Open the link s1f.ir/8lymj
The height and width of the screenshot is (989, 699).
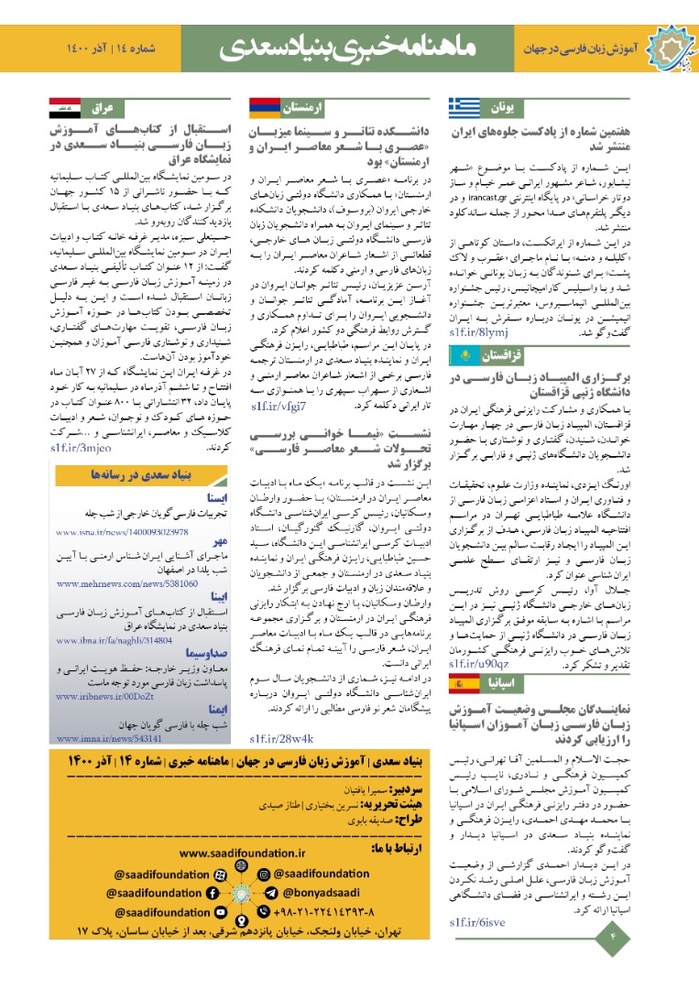coord(475,332)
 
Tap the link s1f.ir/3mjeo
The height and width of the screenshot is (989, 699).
coord(81,448)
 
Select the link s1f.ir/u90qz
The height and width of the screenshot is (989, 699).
coord(476,663)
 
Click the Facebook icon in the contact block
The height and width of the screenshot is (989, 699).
coord(212,893)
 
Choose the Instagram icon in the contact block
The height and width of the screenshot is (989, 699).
coord(264,873)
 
